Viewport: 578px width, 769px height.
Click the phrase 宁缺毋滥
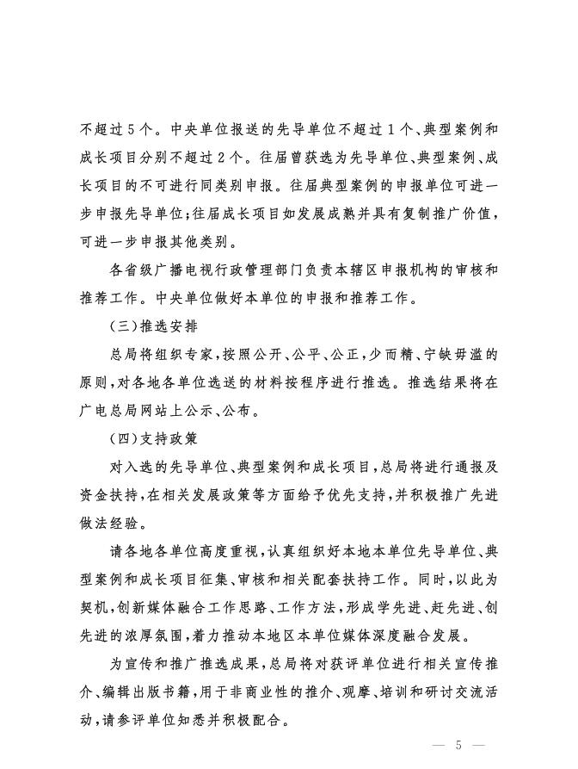pyautogui.click(x=457, y=353)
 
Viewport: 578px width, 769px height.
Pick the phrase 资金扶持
pyautogui.click(x=112, y=493)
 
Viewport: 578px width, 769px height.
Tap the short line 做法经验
pyautogui.click(x=112, y=521)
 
